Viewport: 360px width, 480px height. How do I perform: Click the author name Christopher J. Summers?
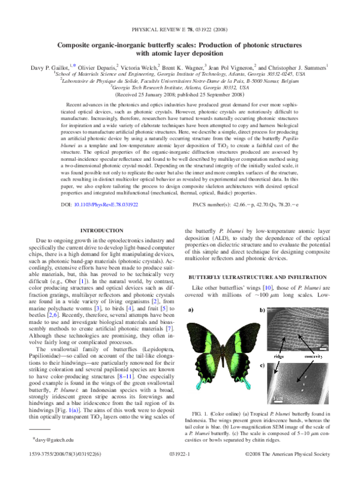(x=296, y=68)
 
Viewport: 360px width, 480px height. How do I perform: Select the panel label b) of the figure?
(x=263, y=311)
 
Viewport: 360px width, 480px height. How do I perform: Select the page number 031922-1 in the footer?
(x=180, y=472)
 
